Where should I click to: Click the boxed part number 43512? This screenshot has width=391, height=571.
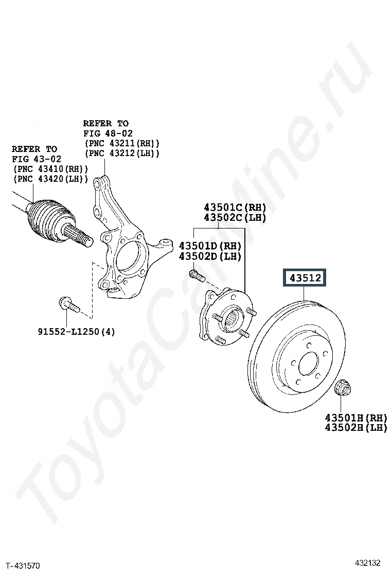[x=305, y=278]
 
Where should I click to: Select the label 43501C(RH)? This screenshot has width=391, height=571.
[x=235, y=207]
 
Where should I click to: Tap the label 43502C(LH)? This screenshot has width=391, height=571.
[x=235, y=217]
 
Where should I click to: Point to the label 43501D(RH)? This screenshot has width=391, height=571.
[x=209, y=246]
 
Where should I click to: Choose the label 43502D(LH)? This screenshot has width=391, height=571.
[x=209, y=256]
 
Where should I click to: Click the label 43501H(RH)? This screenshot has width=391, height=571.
[x=356, y=417]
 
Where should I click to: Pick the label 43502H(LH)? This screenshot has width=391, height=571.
[x=356, y=427]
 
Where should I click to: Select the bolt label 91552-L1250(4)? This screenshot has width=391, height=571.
[x=76, y=332]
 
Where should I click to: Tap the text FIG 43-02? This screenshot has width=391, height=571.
[x=37, y=159]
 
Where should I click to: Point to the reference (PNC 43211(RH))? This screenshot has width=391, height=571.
[x=121, y=143]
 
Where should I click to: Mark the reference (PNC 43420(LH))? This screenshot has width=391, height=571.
[x=50, y=179]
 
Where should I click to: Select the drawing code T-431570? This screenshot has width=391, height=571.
[x=23, y=565]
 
